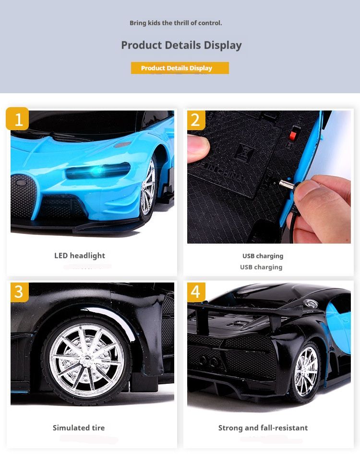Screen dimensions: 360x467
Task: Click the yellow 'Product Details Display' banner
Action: point(180,68)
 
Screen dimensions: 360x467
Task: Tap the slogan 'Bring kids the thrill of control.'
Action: point(176,23)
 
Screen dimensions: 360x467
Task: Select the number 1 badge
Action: point(17,119)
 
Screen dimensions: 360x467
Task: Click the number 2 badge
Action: point(196,120)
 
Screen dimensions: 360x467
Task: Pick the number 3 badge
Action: point(20,292)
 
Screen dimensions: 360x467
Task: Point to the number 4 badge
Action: point(196,292)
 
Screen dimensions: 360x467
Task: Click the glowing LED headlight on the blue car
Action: point(98,171)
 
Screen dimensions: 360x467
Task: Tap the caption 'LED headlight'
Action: point(80,256)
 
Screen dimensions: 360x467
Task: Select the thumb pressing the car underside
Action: point(198,147)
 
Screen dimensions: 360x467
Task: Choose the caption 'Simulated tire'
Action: point(79,428)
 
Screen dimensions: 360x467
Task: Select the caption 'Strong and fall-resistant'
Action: point(263,428)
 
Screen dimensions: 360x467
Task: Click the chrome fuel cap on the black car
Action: point(311,304)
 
